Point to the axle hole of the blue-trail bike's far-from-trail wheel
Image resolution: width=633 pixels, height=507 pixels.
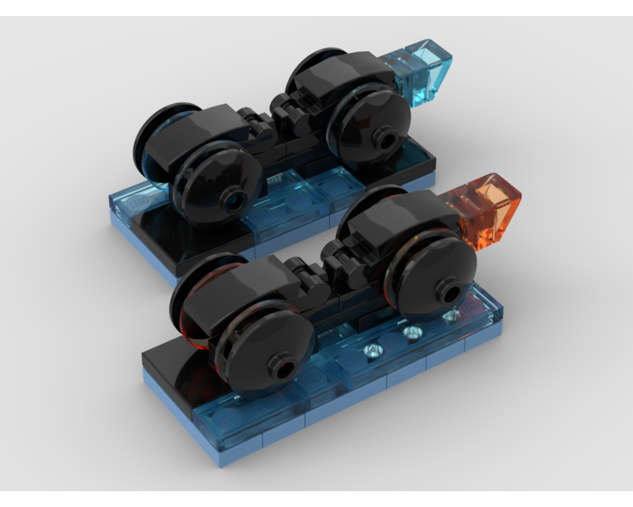[234, 202]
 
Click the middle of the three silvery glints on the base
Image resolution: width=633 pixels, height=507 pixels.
[411, 332]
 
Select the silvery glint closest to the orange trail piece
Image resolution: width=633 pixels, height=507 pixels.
[450, 316]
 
